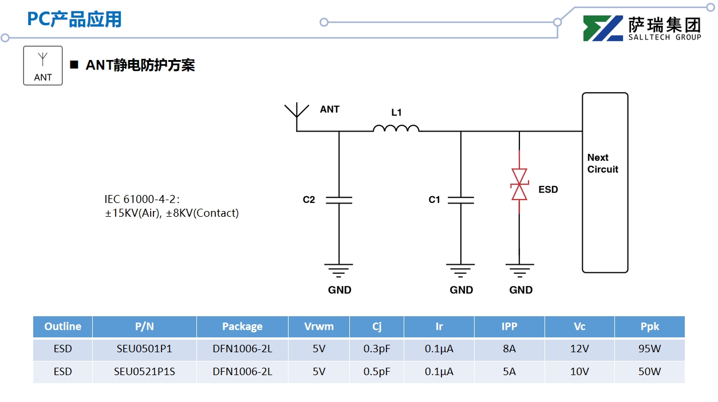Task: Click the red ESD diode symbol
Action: pos(519,184)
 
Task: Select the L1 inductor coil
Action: pos(396,128)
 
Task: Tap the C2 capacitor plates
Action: pos(339,200)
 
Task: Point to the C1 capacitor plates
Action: pos(461,200)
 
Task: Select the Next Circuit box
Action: pos(605,182)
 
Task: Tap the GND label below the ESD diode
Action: pos(521,290)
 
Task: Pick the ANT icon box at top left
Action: pos(43,66)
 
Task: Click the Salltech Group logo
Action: pos(641,28)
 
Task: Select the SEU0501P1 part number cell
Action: pos(144,349)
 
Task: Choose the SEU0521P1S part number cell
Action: pos(144,372)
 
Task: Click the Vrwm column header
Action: pos(319,327)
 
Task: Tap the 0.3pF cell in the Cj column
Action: pos(377,349)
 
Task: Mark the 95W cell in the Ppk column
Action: pos(649,349)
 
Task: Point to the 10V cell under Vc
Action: pos(579,372)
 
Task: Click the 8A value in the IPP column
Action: pos(509,349)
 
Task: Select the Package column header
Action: pos(242,327)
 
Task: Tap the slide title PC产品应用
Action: pos(74,19)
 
